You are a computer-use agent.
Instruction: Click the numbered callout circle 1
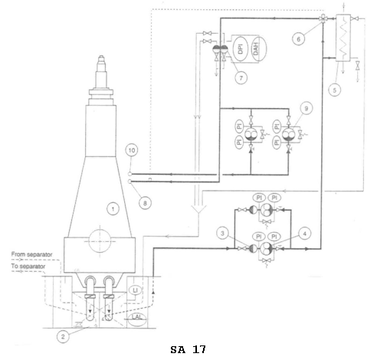pyautogui.click(x=113, y=209)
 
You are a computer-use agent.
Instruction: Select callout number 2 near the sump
pyautogui.click(x=63, y=336)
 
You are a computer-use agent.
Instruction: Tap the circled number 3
pyautogui.click(x=222, y=233)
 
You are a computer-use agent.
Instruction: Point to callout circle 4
pyautogui.click(x=304, y=233)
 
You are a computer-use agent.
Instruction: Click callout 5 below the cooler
pyautogui.click(x=335, y=90)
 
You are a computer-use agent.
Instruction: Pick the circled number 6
pyautogui.click(x=298, y=39)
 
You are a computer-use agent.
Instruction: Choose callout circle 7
pyautogui.click(x=241, y=77)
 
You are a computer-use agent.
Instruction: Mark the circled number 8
pyautogui.click(x=145, y=203)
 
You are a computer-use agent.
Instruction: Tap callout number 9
pyautogui.click(x=307, y=108)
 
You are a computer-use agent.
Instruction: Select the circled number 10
pyautogui.click(x=132, y=150)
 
